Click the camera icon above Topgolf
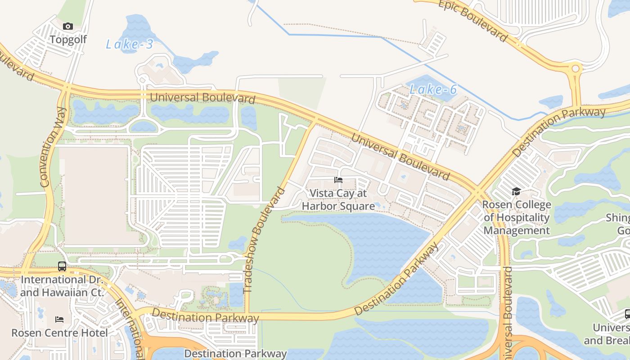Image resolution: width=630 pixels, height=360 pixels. pyautogui.click(x=68, y=27)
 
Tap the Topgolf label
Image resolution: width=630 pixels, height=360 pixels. pyautogui.click(x=68, y=40)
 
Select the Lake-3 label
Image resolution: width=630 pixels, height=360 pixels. pyautogui.click(x=130, y=44)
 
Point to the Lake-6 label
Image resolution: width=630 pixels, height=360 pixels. pyautogui.click(x=433, y=90)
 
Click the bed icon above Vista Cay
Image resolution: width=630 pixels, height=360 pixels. pyautogui.click(x=338, y=180)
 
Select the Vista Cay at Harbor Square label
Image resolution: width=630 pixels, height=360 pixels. pyautogui.click(x=338, y=200)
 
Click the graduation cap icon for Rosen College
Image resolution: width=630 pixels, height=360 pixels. pyautogui.click(x=516, y=192)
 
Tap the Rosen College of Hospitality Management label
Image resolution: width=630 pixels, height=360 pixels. pyautogui.click(x=517, y=218)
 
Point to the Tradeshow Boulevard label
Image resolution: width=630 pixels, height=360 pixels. pyautogui.click(x=265, y=240)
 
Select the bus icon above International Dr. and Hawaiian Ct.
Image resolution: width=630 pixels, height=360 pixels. pyautogui.click(x=62, y=266)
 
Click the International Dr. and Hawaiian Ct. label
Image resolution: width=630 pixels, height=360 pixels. pyautogui.click(x=62, y=286)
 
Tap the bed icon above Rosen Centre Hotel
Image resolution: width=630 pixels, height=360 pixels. pyautogui.click(x=59, y=319)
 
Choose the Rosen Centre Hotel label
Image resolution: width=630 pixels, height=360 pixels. pyautogui.click(x=59, y=333)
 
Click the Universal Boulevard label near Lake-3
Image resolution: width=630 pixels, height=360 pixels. pyautogui.click(x=202, y=98)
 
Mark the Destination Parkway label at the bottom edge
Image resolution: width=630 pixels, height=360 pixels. pyautogui.click(x=235, y=354)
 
